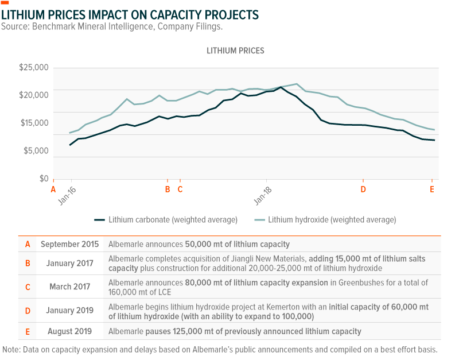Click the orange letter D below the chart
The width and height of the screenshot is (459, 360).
click(x=363, y=188)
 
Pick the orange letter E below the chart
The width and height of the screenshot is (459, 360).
click(x=432, y=188)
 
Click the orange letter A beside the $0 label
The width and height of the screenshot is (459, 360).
click(x=53, y=188)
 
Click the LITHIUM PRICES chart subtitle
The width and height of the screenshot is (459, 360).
click(x=235, y=51)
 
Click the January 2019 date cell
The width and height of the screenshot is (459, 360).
click(x=70, y=310)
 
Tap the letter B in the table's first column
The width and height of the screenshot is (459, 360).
click(x=28, y=264)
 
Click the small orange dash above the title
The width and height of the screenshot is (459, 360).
click(x=5, y=3)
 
